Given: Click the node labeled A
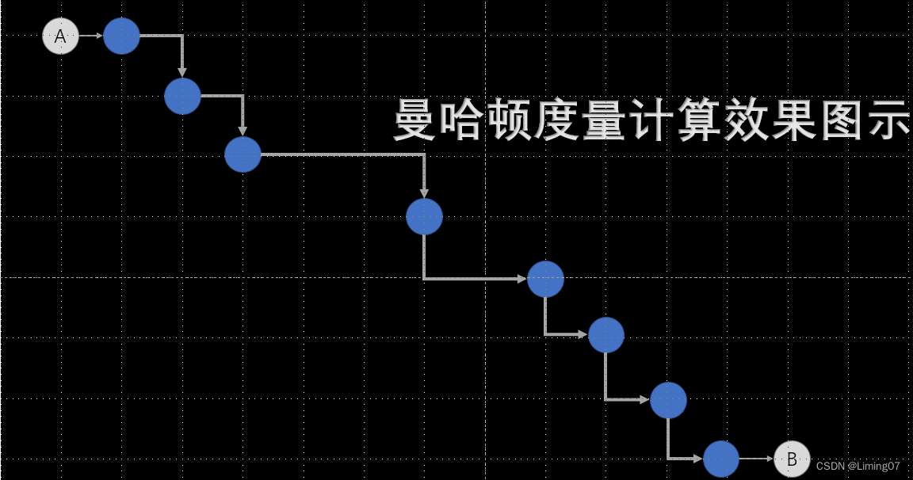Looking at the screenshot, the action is (60, 36).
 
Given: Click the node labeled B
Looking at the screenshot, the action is (792, 459).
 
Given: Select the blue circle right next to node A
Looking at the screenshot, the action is (121, 36).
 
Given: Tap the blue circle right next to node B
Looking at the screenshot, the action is (721, 459).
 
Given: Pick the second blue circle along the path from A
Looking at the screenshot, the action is (182, 97).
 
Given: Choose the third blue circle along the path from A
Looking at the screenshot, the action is (243, 154).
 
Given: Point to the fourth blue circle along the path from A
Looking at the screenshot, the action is (424, 216).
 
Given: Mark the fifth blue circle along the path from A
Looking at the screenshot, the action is (545, 278).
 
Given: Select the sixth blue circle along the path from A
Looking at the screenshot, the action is (606, 335).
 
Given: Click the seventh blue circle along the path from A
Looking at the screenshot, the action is (668, 400).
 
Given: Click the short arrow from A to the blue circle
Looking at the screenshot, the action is (91, 36).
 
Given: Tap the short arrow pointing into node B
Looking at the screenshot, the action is (756, 459).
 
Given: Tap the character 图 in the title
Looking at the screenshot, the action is (840, 120).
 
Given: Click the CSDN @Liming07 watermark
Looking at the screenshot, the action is (858, 466).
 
